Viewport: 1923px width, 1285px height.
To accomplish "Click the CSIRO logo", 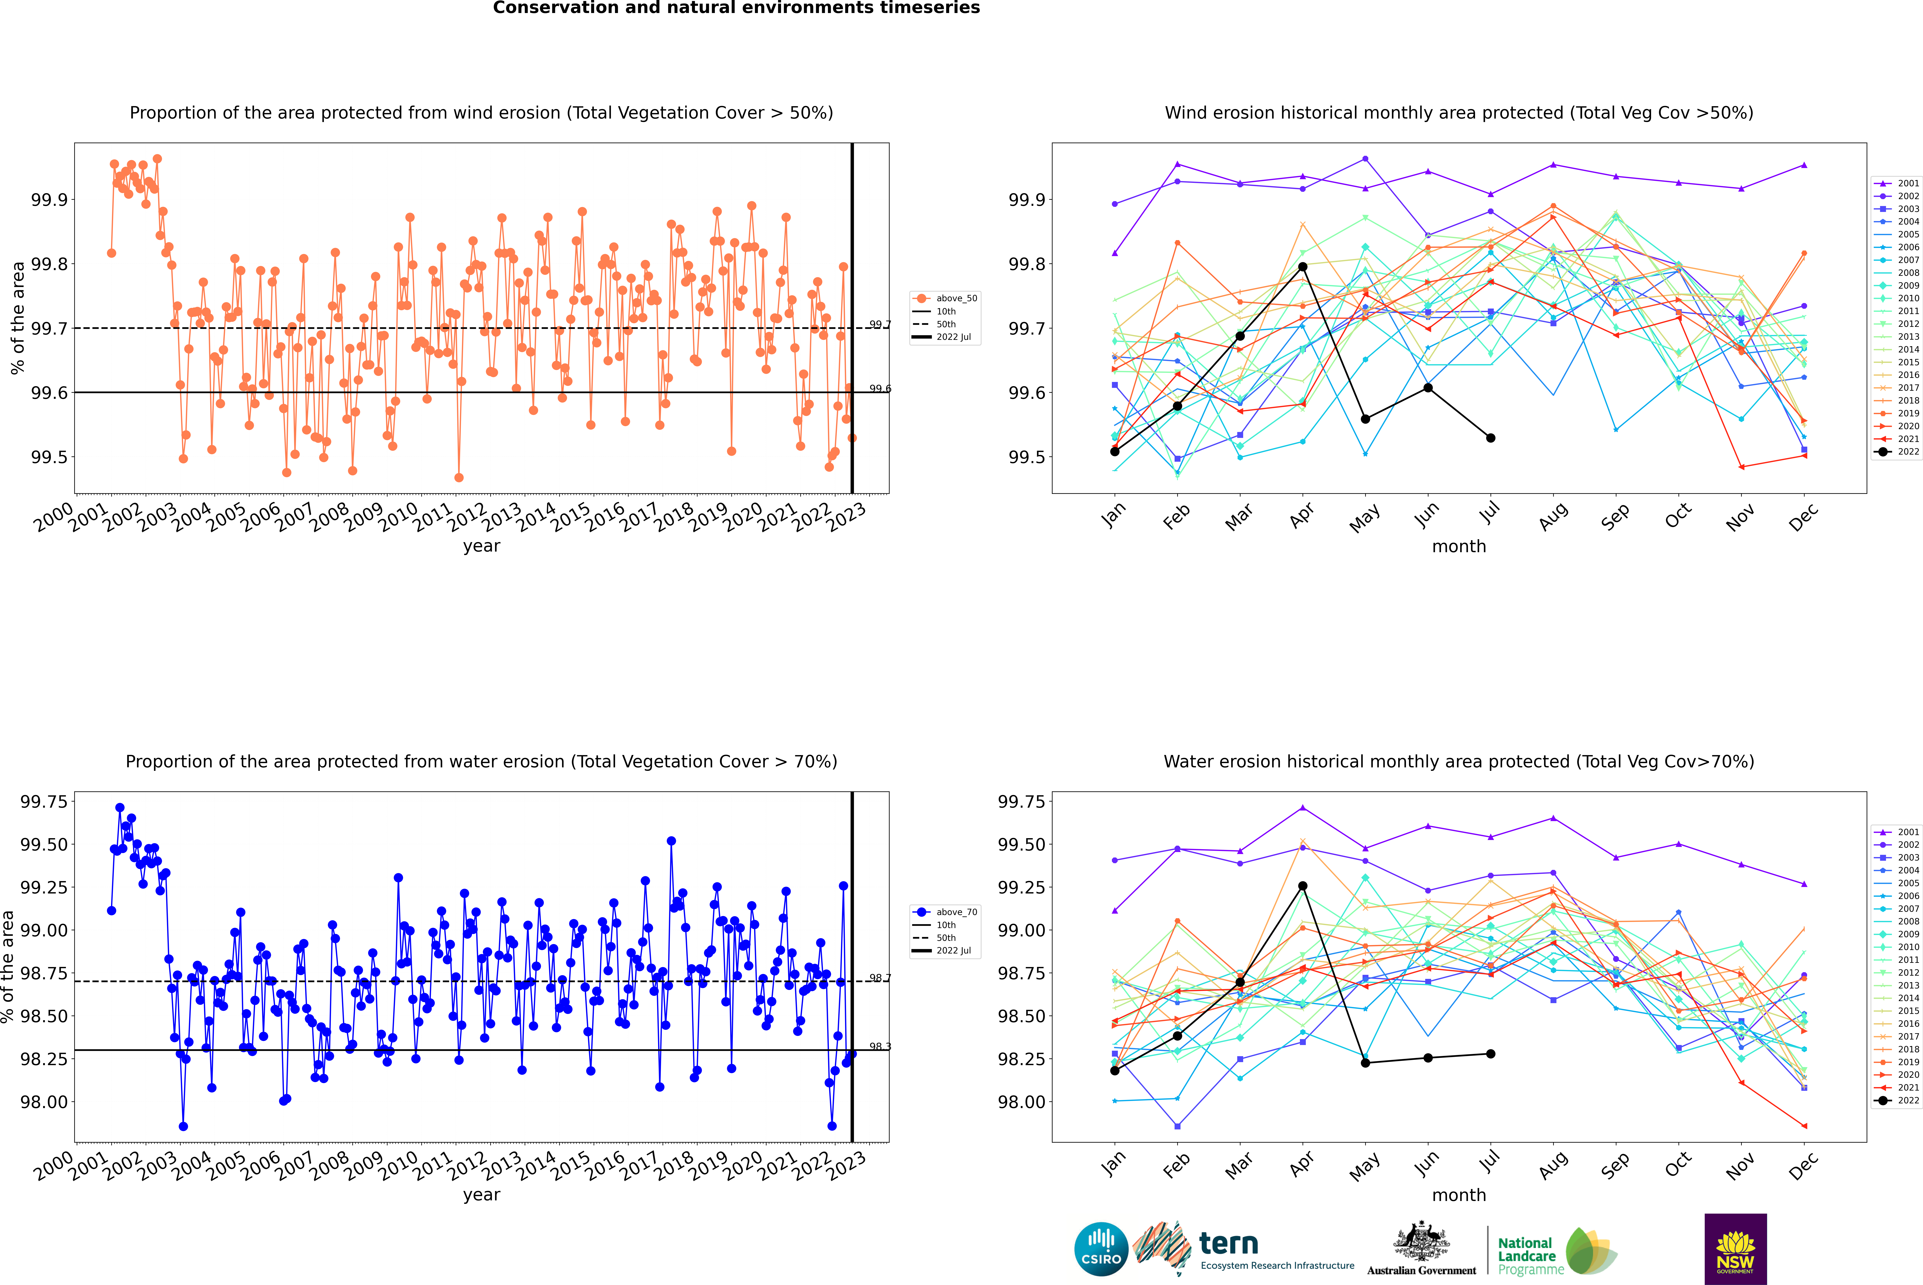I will [x=1101, y=1249].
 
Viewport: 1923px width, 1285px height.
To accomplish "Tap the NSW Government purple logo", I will [x=1735, y=1249].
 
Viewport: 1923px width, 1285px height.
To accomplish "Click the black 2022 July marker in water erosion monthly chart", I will [x=1490, y=1054].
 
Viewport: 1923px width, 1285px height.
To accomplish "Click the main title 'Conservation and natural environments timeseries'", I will [x=736, y=8].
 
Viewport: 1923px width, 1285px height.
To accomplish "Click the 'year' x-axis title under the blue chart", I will [x=481, y=1195].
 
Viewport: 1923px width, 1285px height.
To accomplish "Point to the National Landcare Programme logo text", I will [x=1526, y=1256].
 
